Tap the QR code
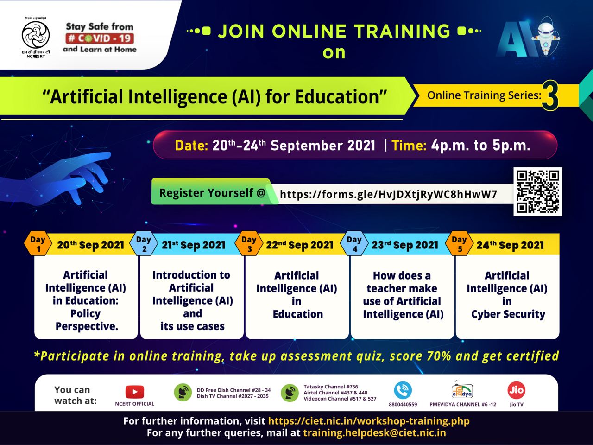coord(537,191)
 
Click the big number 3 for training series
coord(550,96)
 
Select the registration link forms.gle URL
coord(388,194)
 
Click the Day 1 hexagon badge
coord(38,244)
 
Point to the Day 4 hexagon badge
coord(354,244)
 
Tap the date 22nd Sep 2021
coord(300,245)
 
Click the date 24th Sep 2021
coord(510,245)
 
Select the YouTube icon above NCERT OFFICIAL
coord(134,392)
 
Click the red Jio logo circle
coord(516,390)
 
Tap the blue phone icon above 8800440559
coord(403,390)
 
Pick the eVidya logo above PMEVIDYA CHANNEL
coord(462,390)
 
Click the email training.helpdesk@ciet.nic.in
coord(374,433)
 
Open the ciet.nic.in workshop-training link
coord(369,421)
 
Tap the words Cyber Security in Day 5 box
coord(508,314)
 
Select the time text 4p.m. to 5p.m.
coord(480,146)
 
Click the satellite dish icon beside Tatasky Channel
coord(290,393)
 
